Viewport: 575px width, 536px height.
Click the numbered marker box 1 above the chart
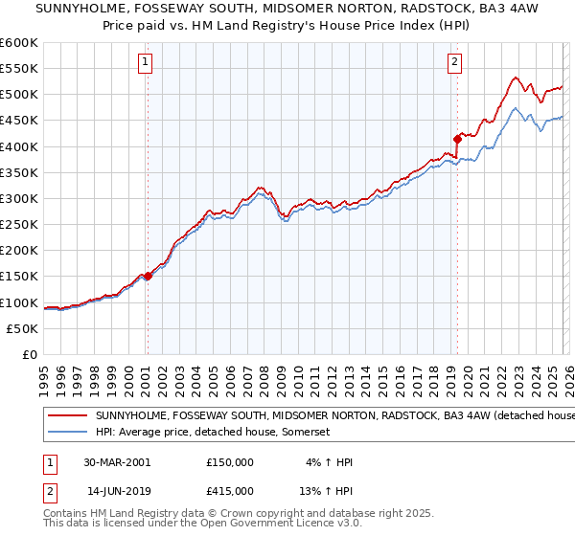tap(146, 62)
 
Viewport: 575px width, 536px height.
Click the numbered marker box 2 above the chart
tap(454, 62)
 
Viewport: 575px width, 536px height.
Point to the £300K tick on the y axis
tap(18, 198)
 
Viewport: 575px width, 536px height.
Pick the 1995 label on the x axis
tap(44, 374)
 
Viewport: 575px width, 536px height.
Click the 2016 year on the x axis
tap(400, 374)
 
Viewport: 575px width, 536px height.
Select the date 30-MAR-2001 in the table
tap(118, 461)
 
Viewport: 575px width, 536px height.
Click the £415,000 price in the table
tap(230, 490)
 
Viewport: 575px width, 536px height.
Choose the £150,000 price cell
tap(230, 461)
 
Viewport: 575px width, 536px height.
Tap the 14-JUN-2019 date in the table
tap(118, 490)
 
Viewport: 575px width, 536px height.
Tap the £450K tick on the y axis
tap(18, 120)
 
